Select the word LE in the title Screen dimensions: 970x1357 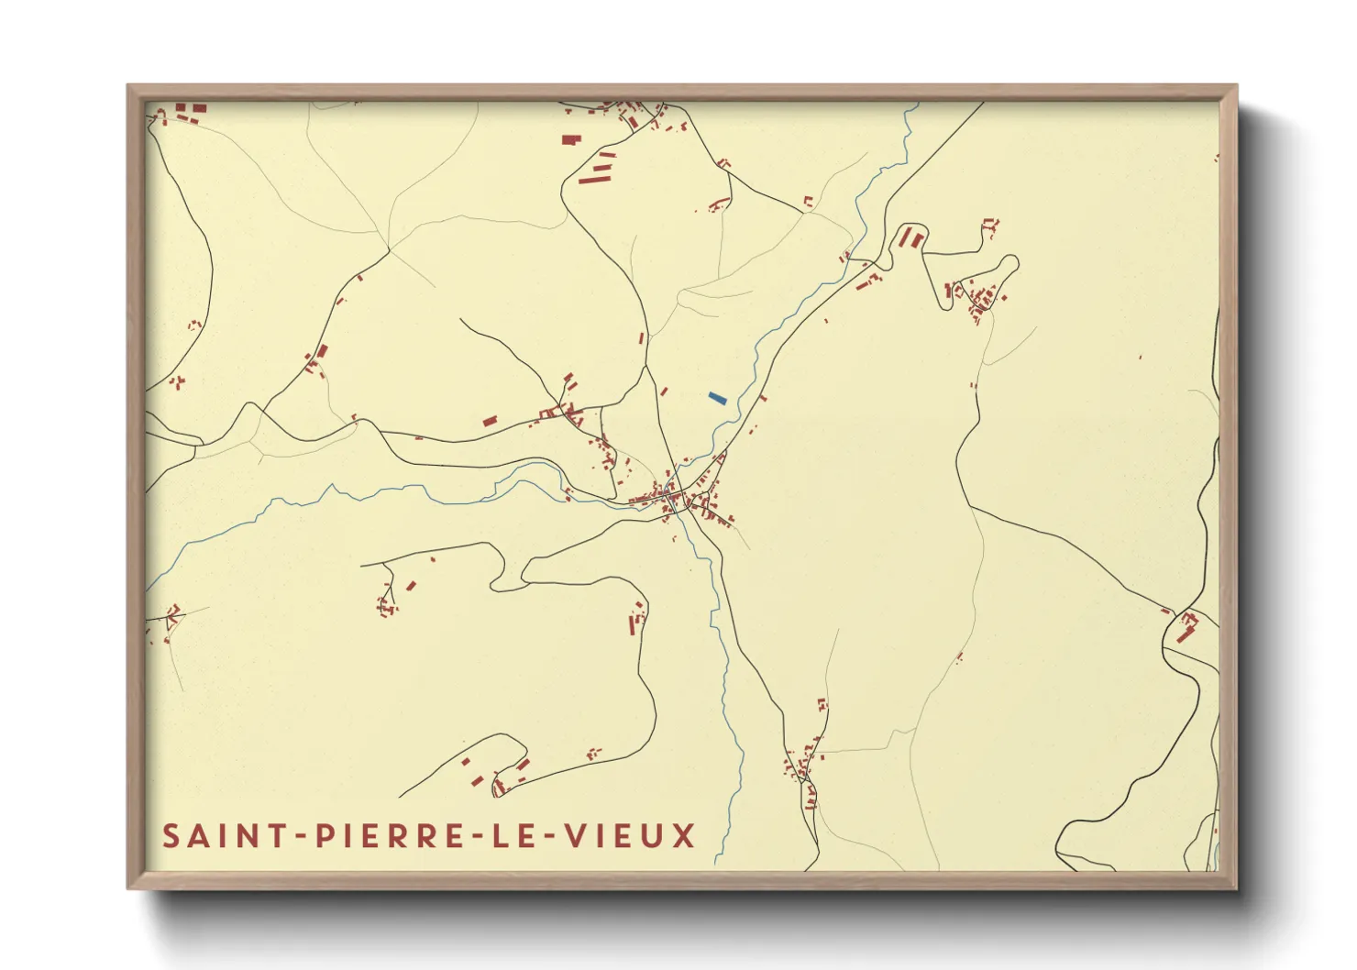click(513, 836)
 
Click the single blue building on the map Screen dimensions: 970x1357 click(717, 398)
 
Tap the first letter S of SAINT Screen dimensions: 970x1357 click(171, 836)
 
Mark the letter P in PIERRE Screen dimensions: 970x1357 click(323, 836)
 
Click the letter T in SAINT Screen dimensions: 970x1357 click(267, 836)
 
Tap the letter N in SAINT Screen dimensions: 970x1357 click(241, 836)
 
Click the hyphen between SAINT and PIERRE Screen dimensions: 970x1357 click(295, 837)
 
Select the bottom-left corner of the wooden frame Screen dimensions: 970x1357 click(128, 888)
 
